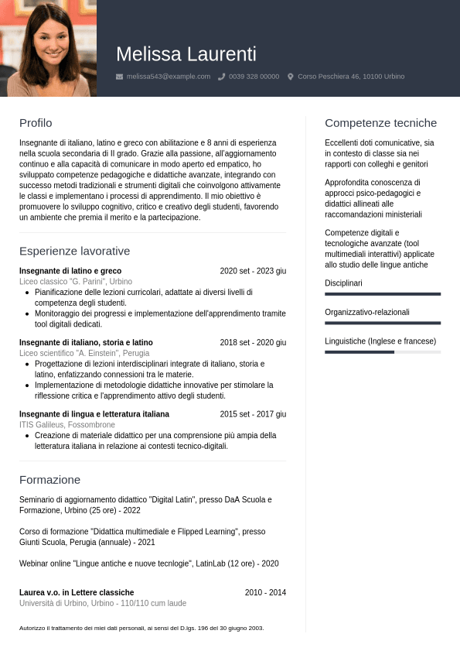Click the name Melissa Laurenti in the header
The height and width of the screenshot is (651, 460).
(186, 54)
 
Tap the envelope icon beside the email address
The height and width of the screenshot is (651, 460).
(119, 77)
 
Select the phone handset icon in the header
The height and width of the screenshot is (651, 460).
(222, 77)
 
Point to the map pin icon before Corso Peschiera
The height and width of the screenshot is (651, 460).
(291, 77)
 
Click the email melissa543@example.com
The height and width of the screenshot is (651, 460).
(168, 77)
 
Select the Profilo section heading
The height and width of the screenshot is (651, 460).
(36, 123)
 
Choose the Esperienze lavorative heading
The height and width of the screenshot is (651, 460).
(74, 251)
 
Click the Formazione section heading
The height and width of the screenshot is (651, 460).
(49, 480)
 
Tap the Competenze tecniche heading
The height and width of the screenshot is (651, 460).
(380, 123)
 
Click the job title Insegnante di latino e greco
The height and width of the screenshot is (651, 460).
(70, 271)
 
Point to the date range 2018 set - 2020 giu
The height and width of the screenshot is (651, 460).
(253, 343)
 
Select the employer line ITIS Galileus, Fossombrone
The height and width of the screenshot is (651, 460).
(67, 425)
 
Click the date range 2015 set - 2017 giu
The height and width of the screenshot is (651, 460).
(253, 414)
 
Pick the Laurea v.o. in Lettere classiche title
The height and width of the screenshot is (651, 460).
(77, 592)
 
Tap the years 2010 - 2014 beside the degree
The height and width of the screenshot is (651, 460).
(265, 592)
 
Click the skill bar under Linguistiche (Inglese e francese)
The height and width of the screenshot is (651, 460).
(382, 352)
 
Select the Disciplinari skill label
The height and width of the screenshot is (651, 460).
(343, 283)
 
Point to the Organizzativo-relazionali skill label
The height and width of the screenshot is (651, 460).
(367, 312)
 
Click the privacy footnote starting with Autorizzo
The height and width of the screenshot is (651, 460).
(141, 628)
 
